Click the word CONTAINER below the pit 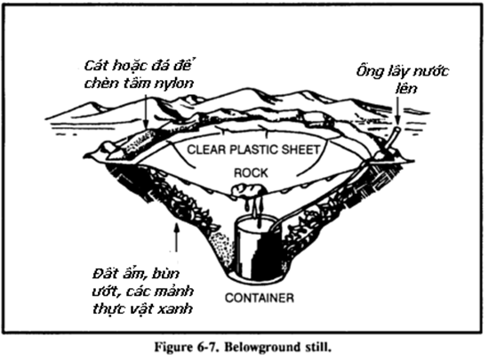(x=260, y=298)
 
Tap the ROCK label (x=251, y=172)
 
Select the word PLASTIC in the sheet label (x=252, y=149)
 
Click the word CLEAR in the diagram (x=206, y=149)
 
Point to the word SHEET (x=299, y=149)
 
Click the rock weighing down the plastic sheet (x=250, y=189)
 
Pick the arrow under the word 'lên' (x=397, y=110)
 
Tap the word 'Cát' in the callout (x=96, y=66)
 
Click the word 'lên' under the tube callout (x=406, y=88)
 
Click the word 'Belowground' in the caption (x=262, y=348)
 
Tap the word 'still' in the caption (x=317, y=347)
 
